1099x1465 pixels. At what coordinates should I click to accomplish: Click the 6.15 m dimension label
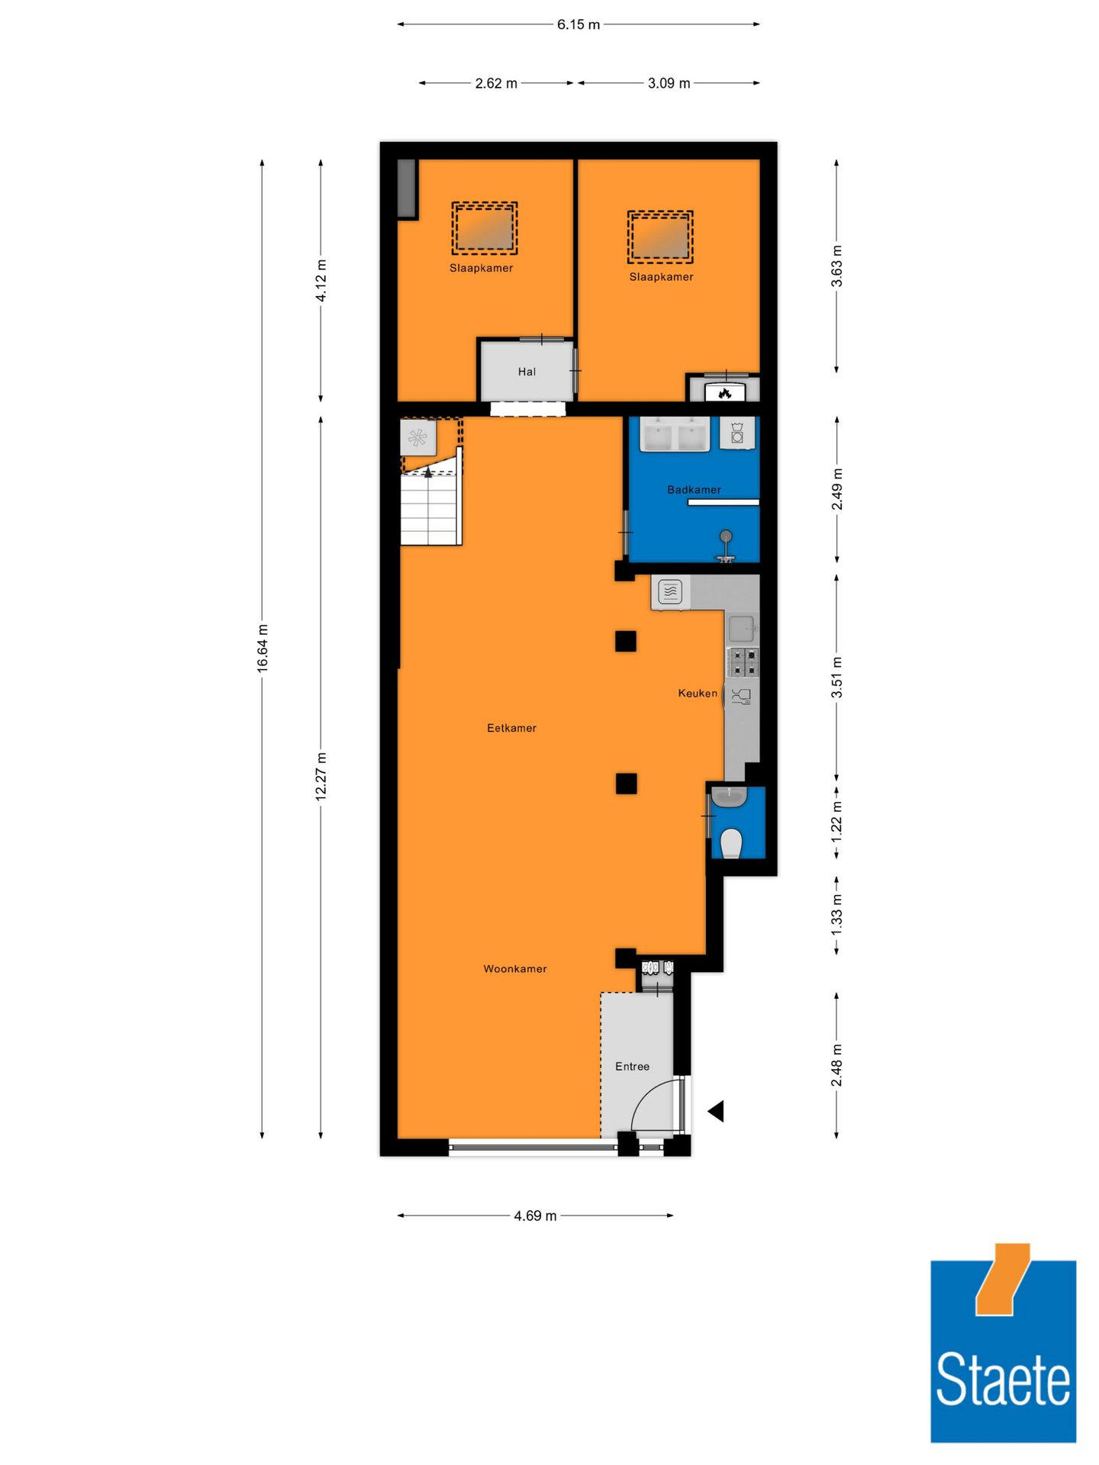(x=578, y=24)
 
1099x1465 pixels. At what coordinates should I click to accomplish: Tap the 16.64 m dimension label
(x=263, y=648)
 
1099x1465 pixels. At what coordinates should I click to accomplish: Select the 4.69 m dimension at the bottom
(x=535, y=1215)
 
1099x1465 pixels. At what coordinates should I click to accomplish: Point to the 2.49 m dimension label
(x=837, y=490)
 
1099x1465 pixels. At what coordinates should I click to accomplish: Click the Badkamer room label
(x=694, y=490)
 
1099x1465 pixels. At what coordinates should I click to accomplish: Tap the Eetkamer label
(x=511, y=728)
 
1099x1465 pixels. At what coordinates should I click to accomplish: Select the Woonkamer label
(x=515, y=969)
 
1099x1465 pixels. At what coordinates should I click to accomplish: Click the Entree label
(x=632, y=1067)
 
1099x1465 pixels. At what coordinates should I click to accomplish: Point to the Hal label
(x=527, y=372)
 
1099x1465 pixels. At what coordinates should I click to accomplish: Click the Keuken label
(x=698, y=693)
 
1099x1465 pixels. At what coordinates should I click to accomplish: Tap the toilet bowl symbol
(x=731, y=843)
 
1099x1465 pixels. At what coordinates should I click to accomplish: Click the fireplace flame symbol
(x=725, y=393)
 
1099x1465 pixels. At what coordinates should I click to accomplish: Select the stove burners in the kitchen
(x=742, y=662)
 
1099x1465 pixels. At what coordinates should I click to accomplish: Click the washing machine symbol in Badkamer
(x=737, y=433)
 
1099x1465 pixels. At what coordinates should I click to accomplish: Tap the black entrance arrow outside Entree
(x=716, y=1111)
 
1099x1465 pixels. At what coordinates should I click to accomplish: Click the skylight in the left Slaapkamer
(x=484, y=228)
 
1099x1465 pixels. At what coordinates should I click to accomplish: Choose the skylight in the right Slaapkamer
(x=660, y=237)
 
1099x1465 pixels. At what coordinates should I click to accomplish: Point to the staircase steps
(x=430, y=507)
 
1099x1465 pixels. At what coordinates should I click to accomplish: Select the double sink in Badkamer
(x=675, y=435)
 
